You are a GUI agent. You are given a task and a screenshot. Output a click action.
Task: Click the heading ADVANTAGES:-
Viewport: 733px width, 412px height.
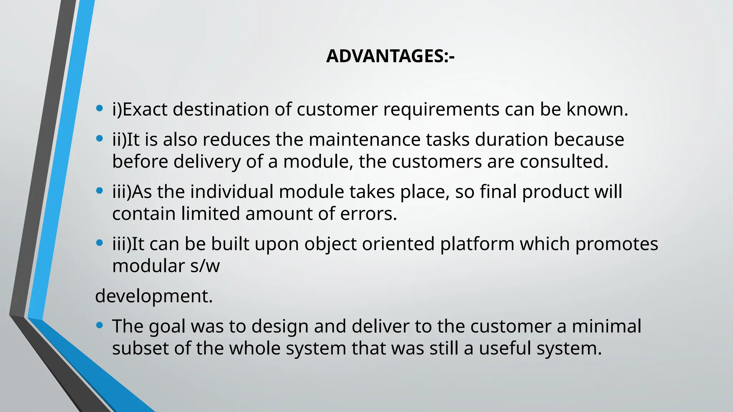tap(390, 56)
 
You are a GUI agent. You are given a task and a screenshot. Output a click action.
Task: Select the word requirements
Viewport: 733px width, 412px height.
tap(441, 109)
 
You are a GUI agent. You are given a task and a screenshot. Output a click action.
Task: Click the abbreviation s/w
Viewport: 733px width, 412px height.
tap(205, 266)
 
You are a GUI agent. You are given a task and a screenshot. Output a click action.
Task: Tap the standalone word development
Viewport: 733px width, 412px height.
tap(154, 296)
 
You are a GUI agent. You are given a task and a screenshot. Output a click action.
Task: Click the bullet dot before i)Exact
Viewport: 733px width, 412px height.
tap(99, 108)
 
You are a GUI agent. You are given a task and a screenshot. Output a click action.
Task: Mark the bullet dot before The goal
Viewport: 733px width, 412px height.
tap(99, 325)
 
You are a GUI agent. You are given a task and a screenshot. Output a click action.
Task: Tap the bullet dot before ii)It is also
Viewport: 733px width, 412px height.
tap(99, 138)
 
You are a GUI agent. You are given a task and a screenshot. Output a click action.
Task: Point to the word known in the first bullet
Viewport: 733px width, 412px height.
tap(597, 109)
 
